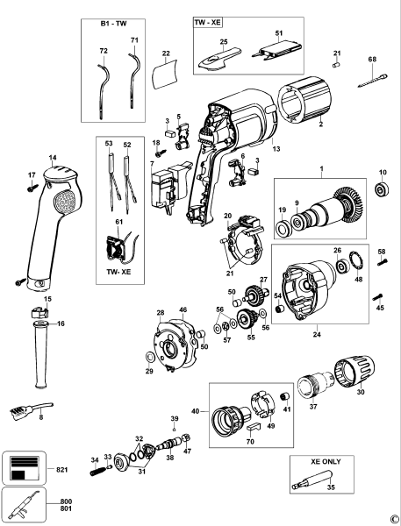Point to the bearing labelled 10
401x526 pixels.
pos(382,189)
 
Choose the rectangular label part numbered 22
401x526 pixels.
pos(166,75)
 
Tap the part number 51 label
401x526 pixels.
pos(279,34)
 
